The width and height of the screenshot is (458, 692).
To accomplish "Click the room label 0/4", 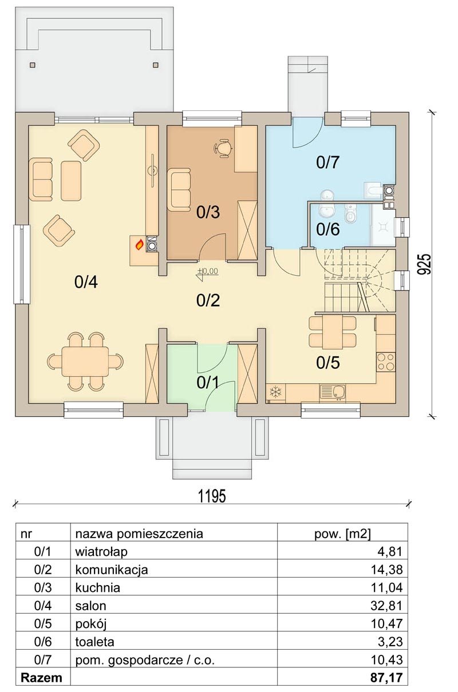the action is pos(86,283).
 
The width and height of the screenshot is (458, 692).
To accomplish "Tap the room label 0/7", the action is pos(328,162).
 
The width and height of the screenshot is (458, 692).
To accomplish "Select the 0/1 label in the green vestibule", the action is pos(208,383).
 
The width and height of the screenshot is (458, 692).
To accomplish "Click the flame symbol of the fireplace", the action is pos(140,245).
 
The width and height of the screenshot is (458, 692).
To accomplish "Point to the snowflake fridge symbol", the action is pos(275,392).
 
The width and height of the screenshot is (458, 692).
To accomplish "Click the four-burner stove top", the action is pos(386,362).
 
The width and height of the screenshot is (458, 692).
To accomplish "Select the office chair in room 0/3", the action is pos(223,148).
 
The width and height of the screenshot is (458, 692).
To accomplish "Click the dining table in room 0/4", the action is pos(85,361).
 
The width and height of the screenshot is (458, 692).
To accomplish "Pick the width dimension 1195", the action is pos(212,496).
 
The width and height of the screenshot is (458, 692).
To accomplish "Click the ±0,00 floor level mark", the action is pos(208,271).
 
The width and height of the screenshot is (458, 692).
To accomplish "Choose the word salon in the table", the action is pos(90,606).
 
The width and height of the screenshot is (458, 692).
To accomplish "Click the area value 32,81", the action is pos(386,606).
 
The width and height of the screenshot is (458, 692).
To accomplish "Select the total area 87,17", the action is pos(386,678).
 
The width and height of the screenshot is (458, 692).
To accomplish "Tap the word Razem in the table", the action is pos(41,678).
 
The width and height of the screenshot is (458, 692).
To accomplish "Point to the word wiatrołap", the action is pos(101,552).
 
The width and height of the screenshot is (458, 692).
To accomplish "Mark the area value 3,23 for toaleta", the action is pos(390,642).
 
